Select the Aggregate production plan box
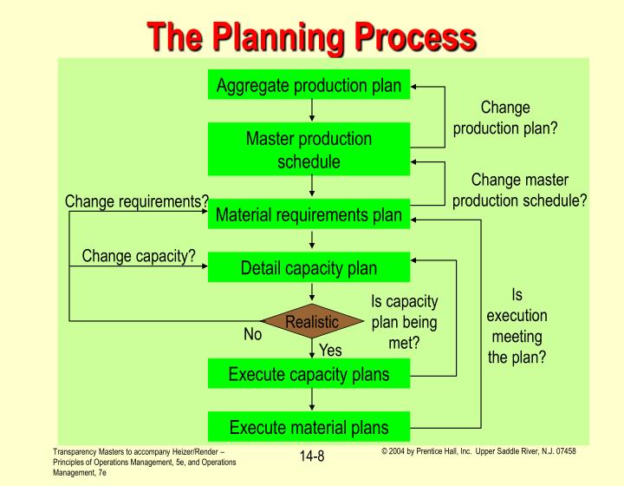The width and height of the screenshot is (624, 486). [309, 85]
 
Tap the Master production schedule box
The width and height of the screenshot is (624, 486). [309, 149]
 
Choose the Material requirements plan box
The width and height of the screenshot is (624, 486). [309, 215]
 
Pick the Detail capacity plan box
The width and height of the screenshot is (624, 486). [309, 267]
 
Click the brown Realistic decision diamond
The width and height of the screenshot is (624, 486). [311, 321]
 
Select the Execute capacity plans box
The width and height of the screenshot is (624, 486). [309, 375]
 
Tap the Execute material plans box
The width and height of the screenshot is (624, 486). [309, 426]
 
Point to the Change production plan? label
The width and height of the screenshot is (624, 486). [505, 118]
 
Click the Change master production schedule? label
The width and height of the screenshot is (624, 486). [519, 189]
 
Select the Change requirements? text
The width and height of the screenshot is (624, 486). [137, 201]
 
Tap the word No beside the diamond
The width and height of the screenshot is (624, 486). [252, 333]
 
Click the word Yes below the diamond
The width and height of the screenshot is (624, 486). [331, 351]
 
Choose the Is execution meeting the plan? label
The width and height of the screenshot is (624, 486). [517, 325]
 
